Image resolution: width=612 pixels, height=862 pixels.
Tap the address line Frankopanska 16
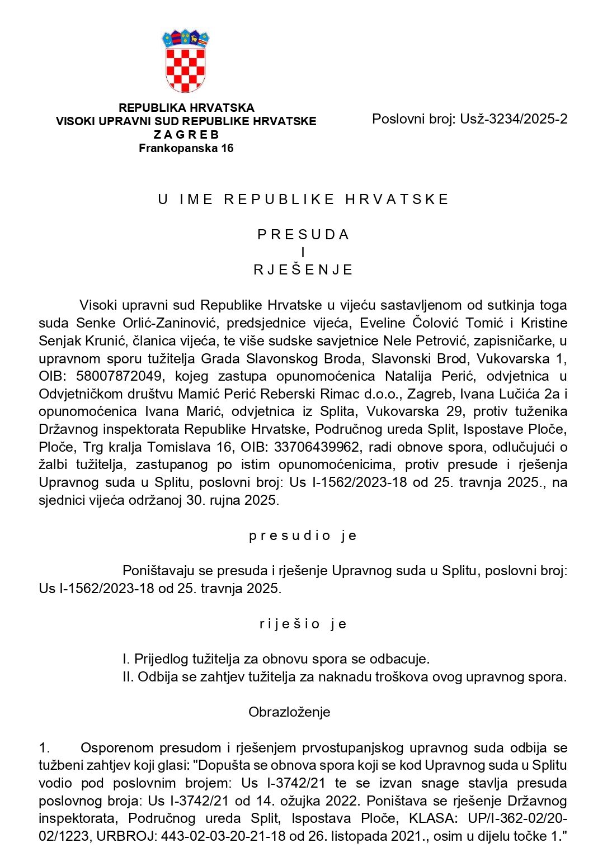(186, 148)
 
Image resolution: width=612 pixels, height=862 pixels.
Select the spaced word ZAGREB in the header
(186, 135)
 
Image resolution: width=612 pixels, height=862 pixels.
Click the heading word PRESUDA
(303, 235)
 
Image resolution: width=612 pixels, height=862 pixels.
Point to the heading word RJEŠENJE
(303, 270)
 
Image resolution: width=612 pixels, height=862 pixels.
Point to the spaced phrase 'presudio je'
(303, 536)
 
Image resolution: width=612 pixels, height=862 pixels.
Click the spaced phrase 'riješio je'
(303, 624)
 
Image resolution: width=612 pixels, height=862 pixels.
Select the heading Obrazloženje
(289, 712)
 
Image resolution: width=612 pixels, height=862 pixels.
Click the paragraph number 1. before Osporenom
(44, 748)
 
